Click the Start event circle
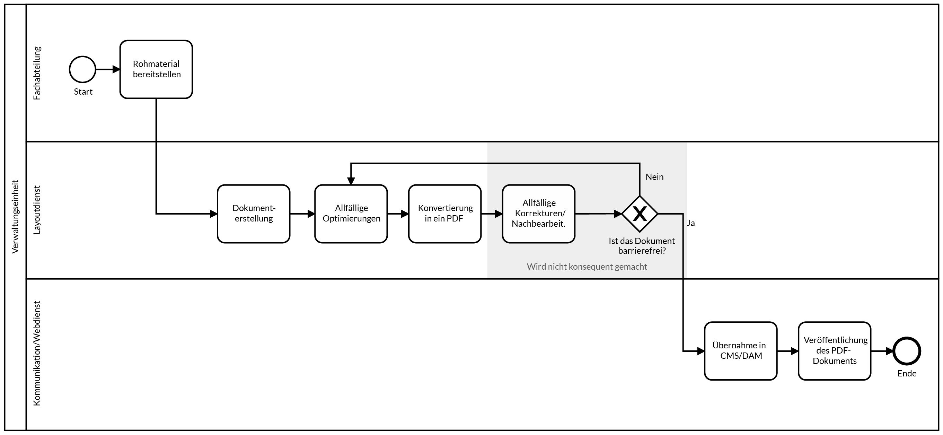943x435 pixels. [x=82, y=69]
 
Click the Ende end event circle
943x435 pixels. [x=906, y=351]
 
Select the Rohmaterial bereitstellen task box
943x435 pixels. [x=156, y=69]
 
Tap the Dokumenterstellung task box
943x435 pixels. [x=254, y=214]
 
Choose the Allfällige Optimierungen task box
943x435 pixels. [x=351, y=214]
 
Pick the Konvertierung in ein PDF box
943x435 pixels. [x=445, y=214]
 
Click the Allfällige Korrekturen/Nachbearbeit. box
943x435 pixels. [x=538, y=214]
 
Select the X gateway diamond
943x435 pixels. [x=640, y=214]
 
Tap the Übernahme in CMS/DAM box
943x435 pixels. [x=741, y=351]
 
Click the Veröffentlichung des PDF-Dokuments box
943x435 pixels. [x=834, y=351]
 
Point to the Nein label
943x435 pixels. [x=654, y=177]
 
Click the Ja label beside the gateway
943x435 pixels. [x=690, y=223]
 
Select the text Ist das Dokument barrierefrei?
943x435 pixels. [x=641, y=246]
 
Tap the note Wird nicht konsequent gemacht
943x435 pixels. [x=587, y=267]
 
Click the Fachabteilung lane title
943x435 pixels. [x=37, y=73]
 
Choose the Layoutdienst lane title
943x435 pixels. [x=37, y=210]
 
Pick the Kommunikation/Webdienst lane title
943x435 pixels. [x=37, y=353]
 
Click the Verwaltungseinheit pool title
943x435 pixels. [x=15, y=217]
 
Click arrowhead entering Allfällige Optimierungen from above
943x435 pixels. [x=351, y=181]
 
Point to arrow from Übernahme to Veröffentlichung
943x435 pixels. [x=787, y=351]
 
